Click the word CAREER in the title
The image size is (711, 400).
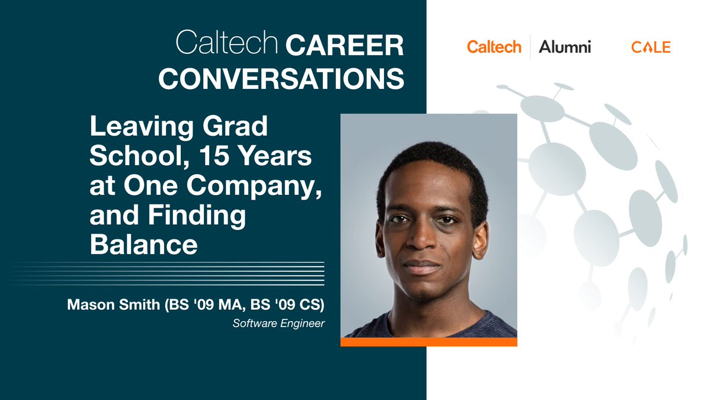345,46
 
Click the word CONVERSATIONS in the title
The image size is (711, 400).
281,78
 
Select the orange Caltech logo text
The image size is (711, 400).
494,47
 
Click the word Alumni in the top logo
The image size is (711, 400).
565,47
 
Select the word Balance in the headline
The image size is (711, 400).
143,244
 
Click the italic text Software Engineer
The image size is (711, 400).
278,324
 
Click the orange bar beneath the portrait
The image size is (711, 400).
428,342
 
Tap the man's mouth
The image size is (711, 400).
423,266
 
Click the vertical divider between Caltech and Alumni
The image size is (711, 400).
530,47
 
